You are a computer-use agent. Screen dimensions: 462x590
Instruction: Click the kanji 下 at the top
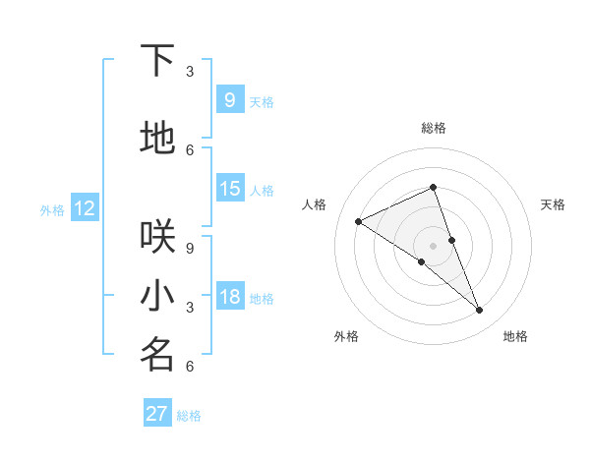coord(157,61)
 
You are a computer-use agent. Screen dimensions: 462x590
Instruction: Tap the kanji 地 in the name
coord(157,139)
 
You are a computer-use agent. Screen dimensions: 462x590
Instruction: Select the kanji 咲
coord(157,237)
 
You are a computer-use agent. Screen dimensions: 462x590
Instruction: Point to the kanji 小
coord(157,296)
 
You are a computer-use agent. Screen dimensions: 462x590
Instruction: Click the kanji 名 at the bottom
coord(157,355)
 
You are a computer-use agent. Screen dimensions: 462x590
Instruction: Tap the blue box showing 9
coord(229,99)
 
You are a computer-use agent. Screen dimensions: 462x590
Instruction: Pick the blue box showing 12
coord(85,208)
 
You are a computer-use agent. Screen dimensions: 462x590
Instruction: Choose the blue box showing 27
coord(157,414)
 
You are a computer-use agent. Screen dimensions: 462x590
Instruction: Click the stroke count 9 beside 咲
coord(190,249)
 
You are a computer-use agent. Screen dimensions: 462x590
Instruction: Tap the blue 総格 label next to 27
coord(189,416)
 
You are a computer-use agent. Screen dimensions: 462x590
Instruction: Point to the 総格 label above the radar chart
coord(433,128)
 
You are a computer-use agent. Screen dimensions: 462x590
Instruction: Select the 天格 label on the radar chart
coord(553,204)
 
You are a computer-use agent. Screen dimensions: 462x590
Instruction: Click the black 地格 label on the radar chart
coord(515,336)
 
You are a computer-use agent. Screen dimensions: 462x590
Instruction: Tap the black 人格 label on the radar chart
coord(315,204)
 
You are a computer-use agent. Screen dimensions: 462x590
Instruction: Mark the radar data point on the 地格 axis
coord(480,311)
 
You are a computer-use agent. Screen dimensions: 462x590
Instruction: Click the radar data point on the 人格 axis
coord(359,221)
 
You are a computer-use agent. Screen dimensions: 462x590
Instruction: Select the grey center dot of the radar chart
coord(433,245)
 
